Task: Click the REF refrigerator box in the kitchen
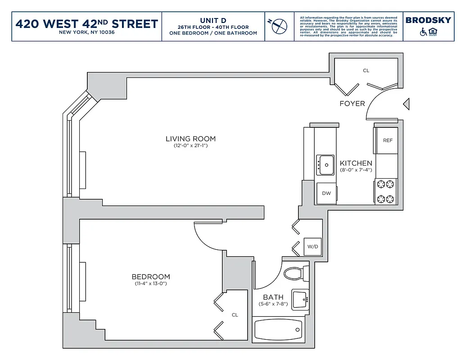pyautogui.click(x=387, y=140)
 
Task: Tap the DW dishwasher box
pyautogui.click(x=326, y=193)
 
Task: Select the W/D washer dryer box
pyautogui.click(x=312, y=247)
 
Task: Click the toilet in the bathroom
pyautogui.click(x=295, y=273)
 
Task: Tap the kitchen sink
pyautogui.click(x=325, y=165)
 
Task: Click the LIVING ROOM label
pyautogui.click(x=190, y=139)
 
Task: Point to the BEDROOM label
pyautogui.click(x=151, y=277)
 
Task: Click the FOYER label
pyautogui.click(x=352, y=103)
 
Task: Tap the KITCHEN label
pyautogui.click(x=356, y=163)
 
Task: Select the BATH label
pyautogui.click(x=273, y=297)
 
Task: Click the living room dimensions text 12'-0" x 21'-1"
pyautogui.click(x=190, y=146)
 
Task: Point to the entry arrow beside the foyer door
pyautogui.click(x=406, y=104)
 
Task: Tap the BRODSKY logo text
pyautogui.click(x=428, y=20)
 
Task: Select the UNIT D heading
pyautogui.click(x=213, y=20)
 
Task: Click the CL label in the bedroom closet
pyautogui.click(x=235, y=315)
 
